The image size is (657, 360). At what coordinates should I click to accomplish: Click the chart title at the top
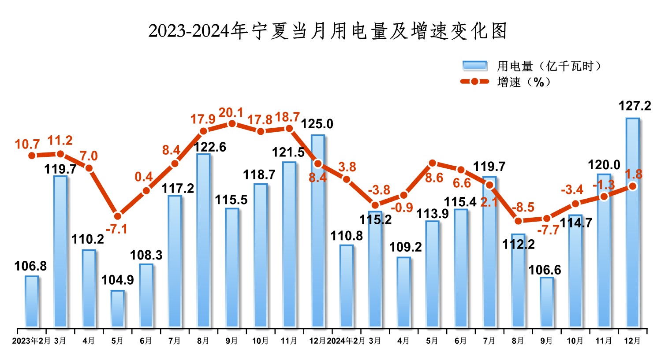pyautogui.click(x=328, y=31)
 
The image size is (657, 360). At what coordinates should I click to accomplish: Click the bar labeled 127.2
pyautogui.click(x=632, y=223)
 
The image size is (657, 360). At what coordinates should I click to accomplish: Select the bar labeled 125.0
pyautogui.click(x=317, y=231)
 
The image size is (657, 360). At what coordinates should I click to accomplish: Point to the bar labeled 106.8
pyautogui.click(x=32, y=301)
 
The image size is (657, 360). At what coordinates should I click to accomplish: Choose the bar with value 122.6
pyautogui.click(x=203, y=241)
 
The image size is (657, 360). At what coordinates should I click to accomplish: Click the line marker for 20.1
pyautogui.click(x=232, y=124)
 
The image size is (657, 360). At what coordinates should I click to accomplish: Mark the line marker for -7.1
pyautogui.click(x=117, y=216)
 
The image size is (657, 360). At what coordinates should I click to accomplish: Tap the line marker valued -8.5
pyautogui.click(x=518, y=221)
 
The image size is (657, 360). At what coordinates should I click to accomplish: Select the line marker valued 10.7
pyautogui.click(x=32, y=156)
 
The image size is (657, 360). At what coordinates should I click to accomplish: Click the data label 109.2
pyautogui.click(x=405, y=247)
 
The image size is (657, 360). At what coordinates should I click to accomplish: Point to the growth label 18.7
pyautogui.click(x=287, y=117)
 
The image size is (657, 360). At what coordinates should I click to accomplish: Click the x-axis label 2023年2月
pyautogui.click(x=31, y=341)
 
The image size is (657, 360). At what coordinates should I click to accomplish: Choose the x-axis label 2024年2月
pyautogui.click(x=346, y=341)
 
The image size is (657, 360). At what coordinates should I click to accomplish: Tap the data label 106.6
pyautogui.click(x=545, y=270)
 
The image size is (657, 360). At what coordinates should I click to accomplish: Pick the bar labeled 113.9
pyautogui.click(x=432, y=274)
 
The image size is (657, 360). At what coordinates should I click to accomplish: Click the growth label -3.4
pyautogui.click(x=572, y=190)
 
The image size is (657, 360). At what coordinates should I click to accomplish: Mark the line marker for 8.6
pyautogui.click(x=432, y=163)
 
